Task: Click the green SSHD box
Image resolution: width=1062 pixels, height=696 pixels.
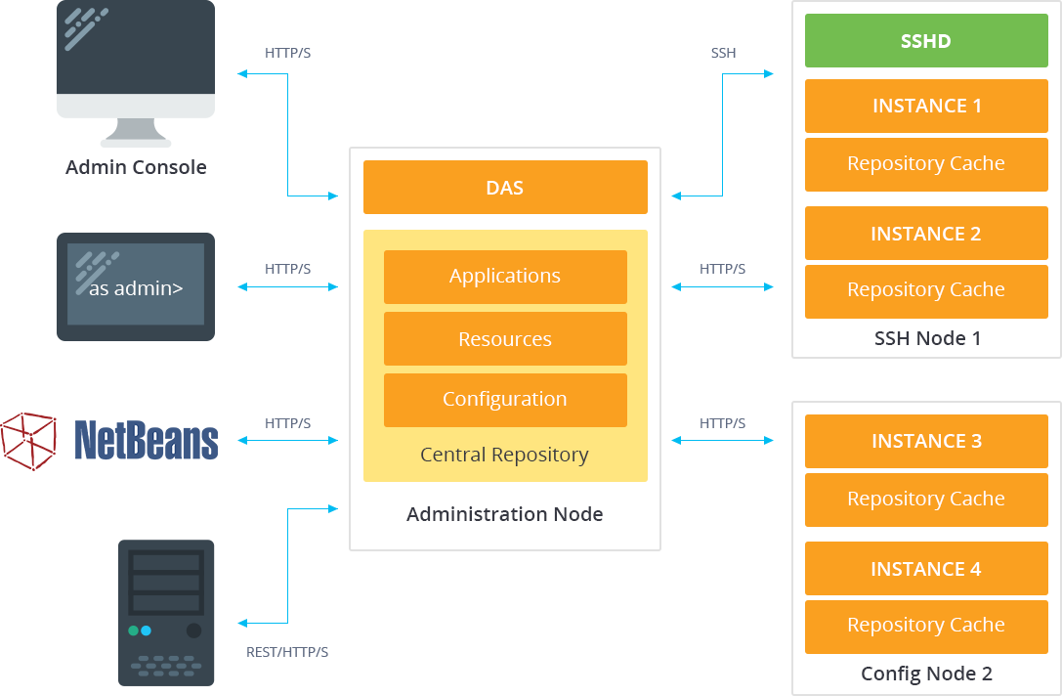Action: point(925,41)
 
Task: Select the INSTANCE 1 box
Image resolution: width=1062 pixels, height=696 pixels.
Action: point(925,106)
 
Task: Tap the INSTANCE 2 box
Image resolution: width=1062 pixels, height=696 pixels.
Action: point(925,234)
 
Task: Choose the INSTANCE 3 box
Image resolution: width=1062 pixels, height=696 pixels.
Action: point(925,441)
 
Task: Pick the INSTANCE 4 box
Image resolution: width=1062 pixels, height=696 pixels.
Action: point(925,569)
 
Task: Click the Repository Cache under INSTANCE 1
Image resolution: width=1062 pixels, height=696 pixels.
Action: point(925,163)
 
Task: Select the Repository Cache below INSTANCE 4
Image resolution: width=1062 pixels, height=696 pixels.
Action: point(925,626)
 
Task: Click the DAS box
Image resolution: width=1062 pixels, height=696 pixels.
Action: point(505,188)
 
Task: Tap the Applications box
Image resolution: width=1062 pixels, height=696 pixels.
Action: point(505,277)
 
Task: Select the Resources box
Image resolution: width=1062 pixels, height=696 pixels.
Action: point(505,339)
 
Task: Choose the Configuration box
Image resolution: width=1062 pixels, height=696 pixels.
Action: point(505,400)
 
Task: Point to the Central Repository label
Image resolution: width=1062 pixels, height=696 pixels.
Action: point(504,455)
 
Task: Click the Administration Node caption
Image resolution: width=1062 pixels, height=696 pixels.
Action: point(504,514)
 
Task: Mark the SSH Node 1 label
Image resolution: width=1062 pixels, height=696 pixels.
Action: point(926,339)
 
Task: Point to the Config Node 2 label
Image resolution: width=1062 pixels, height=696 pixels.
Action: point(926,674)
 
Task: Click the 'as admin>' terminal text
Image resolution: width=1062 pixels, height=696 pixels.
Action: point(136,288)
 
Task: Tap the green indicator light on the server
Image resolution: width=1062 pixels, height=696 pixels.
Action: point(134,631)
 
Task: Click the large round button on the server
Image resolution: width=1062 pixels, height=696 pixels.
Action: point(193,631)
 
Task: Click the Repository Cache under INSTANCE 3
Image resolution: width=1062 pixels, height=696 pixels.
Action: point(925,499)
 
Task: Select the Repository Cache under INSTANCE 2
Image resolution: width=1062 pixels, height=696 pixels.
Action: point(925,290)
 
